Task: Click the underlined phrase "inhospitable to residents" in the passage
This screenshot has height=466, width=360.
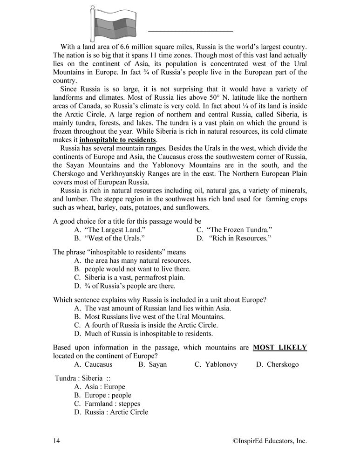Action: coord(118,140)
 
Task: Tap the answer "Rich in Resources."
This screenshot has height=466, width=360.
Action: coord(235,238)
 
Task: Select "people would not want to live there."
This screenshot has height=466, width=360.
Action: coord(132,269)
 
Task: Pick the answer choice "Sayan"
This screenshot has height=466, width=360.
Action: coord(153,364)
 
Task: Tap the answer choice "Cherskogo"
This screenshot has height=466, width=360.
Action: coord(278,364)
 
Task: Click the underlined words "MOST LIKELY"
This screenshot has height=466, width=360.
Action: coord(279,347)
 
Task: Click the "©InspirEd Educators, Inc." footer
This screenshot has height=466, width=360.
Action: coord(270,440)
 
